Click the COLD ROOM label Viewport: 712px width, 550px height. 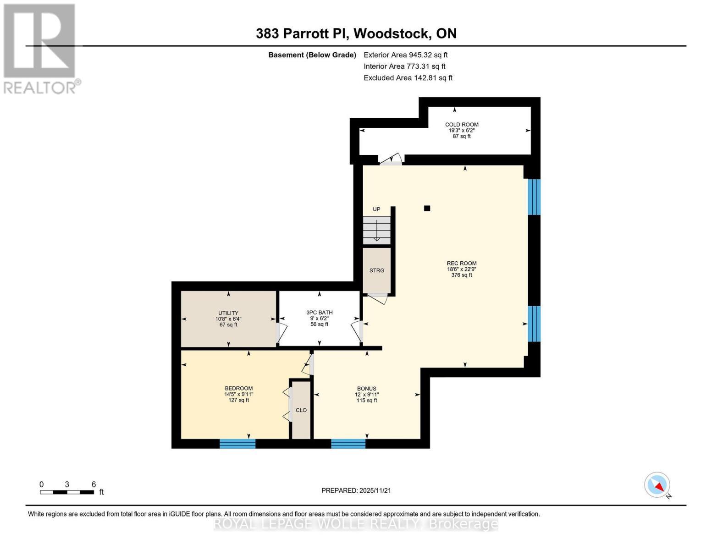click(462, 125)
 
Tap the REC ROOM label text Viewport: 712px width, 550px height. click(462, 264)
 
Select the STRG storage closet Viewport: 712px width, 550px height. click(377, 270)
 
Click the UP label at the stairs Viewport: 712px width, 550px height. click(376, 209)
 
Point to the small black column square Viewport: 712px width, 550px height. click(427, 209)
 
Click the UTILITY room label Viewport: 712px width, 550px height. click(228, 313)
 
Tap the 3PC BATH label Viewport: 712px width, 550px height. click(320, 313)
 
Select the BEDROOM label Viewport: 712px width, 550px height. click(238, 389)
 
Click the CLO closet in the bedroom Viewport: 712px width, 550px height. click(301, 410)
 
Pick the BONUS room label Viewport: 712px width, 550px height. click(367, 389)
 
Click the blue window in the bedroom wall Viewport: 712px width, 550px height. click(237, 444)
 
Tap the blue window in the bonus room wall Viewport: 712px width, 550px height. click(348, 444)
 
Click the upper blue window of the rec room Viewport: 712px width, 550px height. click(534, 197)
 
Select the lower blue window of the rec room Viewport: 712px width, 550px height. click(534, 324)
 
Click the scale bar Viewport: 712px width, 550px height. click(67, 492)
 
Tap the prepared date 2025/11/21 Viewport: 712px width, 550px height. click(356, 490)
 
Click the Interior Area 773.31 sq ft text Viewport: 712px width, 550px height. click(404, 66)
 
